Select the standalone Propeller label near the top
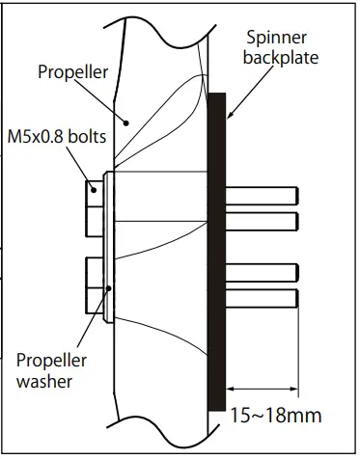coord(72,71)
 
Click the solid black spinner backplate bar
coord(215,251)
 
